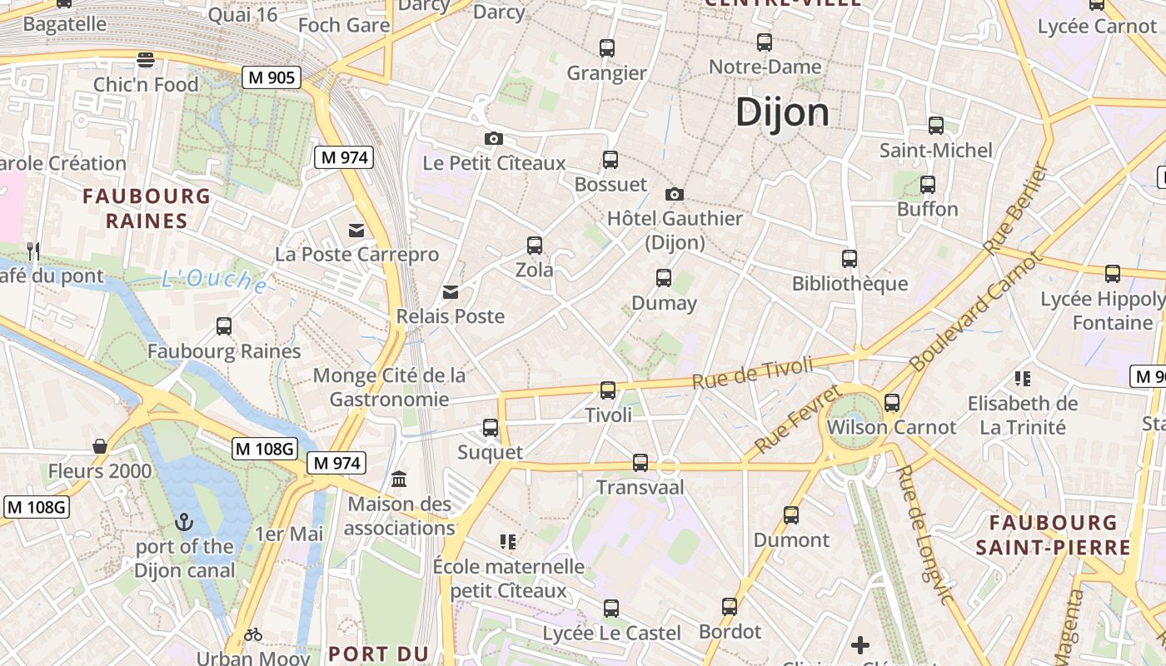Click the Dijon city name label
point(782,112)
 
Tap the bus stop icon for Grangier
point(607,48)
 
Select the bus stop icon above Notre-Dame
point(765,42)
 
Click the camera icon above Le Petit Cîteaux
point(494,138)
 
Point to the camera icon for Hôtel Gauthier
point(675,195)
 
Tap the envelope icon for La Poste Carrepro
point(356,231)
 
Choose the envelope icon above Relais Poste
point(451,292)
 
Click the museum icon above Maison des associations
point(399,480)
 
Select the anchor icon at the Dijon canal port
point(184,523)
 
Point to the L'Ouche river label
point(215,281)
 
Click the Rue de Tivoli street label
point(752,372)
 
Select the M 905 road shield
point(272,77)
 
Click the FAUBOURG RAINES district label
point(147,208)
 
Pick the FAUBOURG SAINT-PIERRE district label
point(1053,534)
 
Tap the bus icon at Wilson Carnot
point(892,403)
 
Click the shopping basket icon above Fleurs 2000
point(100,447)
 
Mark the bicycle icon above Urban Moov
point(253,635)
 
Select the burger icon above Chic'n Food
point(146,60)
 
